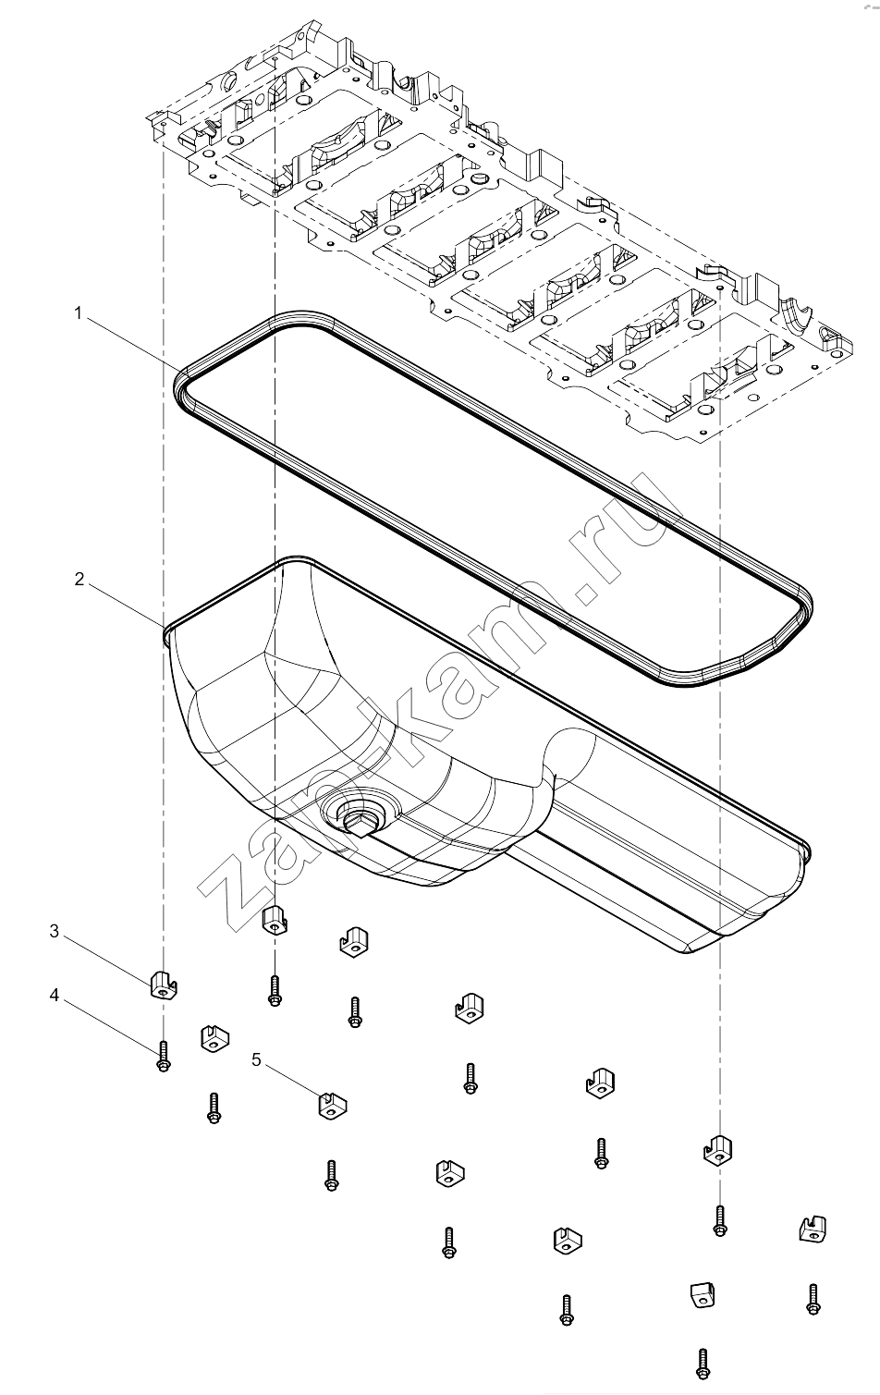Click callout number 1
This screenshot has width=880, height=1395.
[78, 313]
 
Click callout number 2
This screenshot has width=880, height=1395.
[79, 579]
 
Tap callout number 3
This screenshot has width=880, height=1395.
[55, 931]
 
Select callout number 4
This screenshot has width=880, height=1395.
[55, 996]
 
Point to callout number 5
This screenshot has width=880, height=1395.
[257, 1059]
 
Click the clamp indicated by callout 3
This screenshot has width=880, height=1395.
[164, 984]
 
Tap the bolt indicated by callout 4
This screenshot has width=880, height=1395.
[164, 1057]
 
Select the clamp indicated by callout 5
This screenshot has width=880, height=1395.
[333, 1106]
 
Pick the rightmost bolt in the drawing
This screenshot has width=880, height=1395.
[813, 1300]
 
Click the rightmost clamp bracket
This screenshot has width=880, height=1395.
[813, 1229]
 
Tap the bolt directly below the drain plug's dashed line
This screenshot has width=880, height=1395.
[274, 990]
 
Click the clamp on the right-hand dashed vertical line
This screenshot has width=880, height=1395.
[718, 1150]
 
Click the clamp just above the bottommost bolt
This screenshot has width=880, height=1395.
[702, 1295]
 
